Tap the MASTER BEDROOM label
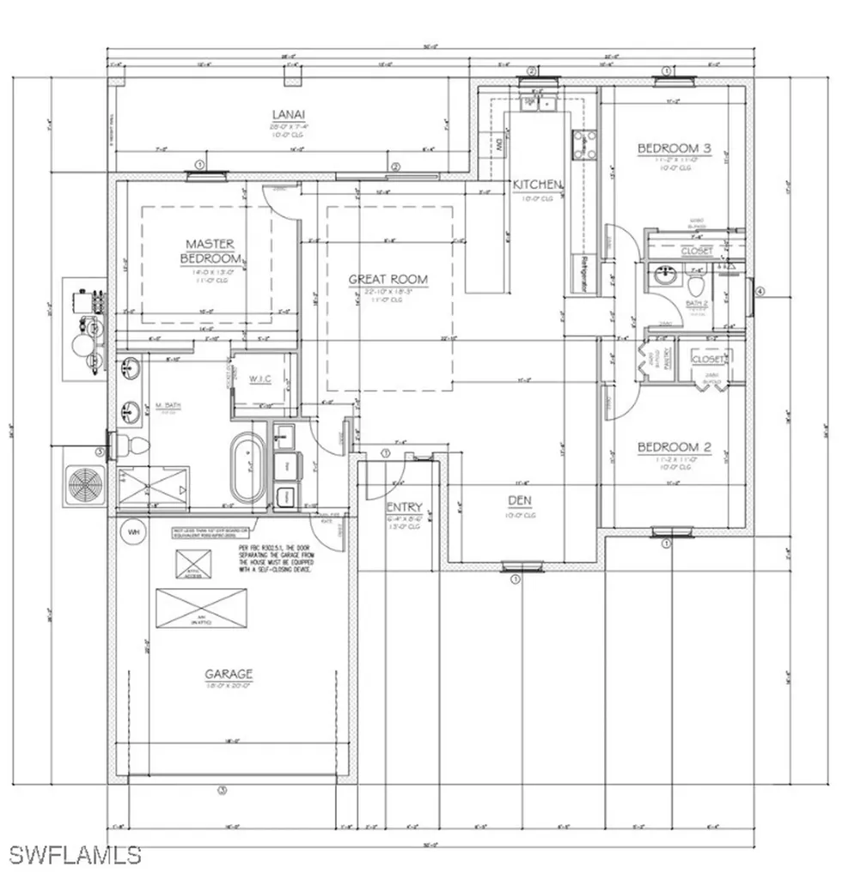tap(211, 252)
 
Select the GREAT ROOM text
tap(388, 279)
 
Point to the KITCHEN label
tap(538, 185)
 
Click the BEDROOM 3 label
tap(674, 149)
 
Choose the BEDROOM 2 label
tap(673, 447)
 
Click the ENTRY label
tap(404, 506)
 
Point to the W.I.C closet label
tap(261, 379)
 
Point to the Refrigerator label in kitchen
tap(583, 275)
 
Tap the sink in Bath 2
tap(663, 277)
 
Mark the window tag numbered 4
tap(759, 291)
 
